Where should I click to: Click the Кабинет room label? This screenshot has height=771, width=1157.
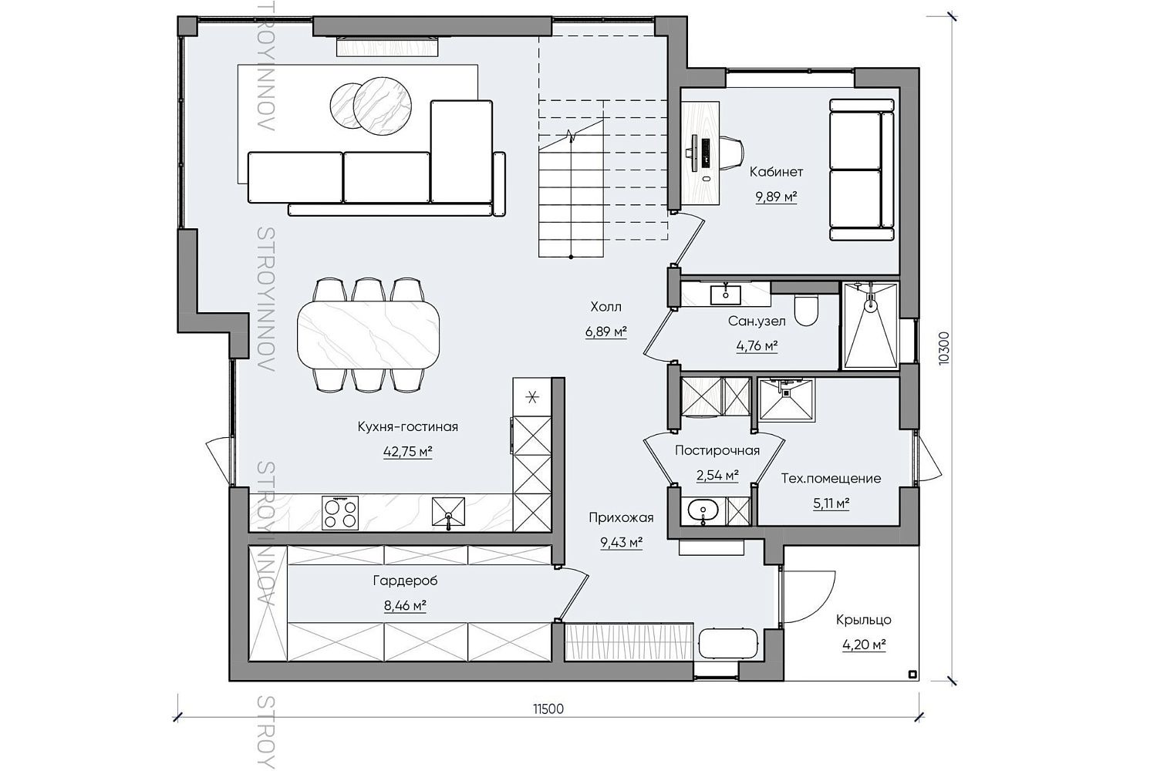[x=776, y=172]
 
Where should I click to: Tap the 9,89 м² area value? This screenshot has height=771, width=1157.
[x=776, y=197]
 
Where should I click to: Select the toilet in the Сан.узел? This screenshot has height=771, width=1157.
[x=806, y=310]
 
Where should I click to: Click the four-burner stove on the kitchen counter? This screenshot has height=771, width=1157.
[x=340, y=513]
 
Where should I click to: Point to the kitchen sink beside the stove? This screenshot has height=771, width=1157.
[x=448, y=513]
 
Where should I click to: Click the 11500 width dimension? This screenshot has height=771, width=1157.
[x=548, y=709]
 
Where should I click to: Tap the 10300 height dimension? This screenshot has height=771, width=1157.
[x=943, y=348]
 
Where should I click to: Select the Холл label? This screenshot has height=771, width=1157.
[x=605, y=308]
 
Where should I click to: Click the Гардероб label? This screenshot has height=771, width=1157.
[x=405, y=581]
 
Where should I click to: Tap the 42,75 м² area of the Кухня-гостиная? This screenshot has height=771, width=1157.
[x=407, y=452]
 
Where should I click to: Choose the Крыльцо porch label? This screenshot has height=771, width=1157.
[x=864, y=620]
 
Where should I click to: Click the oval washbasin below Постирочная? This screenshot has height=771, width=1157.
[x=703, y=511]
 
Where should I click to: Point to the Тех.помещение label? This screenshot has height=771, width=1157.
[x=831, y=479]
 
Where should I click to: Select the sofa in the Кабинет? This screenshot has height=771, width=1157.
[x=862, y=170]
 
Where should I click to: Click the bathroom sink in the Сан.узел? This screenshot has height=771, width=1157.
[x=726, y=295]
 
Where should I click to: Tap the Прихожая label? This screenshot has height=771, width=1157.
[x=622, y=517]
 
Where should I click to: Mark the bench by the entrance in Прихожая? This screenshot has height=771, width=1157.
[x=728, y=644]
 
